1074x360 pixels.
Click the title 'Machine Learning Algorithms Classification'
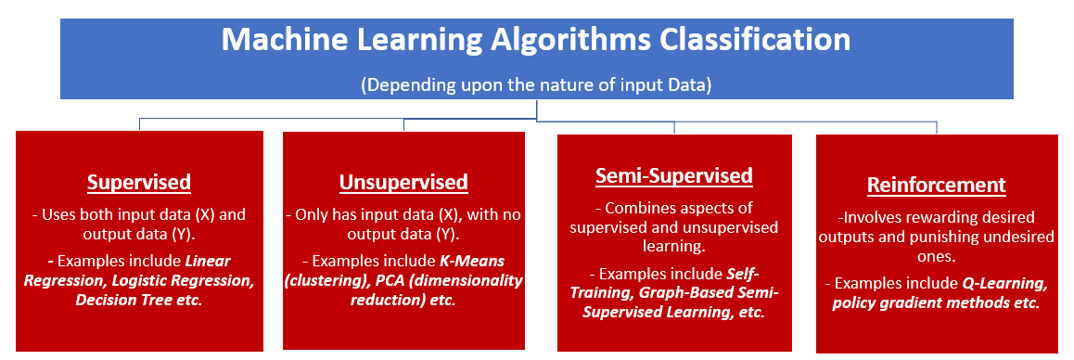click(536, 41)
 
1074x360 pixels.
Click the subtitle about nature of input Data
click(536, 85)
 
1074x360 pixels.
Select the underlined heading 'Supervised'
click(139, 183)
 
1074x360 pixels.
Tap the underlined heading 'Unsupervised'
click(404, 183)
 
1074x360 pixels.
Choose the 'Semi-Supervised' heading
click(674, 175)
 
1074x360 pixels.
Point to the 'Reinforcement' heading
click(937, 186)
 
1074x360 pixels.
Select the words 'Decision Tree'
click(121, 300)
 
